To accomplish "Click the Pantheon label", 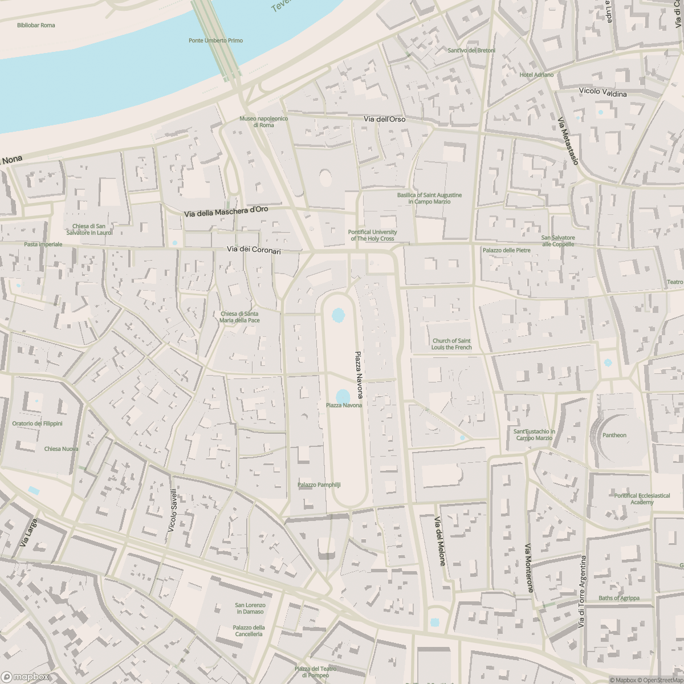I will pyautogui.click(x=614, y=435).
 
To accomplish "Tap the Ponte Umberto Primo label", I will pyautogui.click(x=215, y=40).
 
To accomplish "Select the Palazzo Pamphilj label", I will pyautogui.click(x=319, y=484).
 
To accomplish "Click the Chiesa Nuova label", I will pyautogui.click(x=61, y=449).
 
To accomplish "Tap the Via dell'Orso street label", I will pyautogui.click(x=384, y=119).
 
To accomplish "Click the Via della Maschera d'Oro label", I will pyautogui.click(x=226, y=211).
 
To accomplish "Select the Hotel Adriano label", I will pyautogui.click(x=536, y=75).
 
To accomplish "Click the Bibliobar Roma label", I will pyautogui.click(x=36, y=25).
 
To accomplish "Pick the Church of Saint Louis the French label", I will pyautogui.click(x=452, y=344).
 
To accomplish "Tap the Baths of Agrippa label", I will pyautogui.click(x=618, y=598).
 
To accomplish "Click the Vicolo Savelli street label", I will pyautogui.click(x=173, y=511).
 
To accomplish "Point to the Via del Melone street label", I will pyautogui.click(x=440, y=541).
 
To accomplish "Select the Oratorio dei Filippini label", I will pyautogui.click(x=37, y=424).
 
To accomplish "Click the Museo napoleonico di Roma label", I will pyautogui.click(x=263, y=121).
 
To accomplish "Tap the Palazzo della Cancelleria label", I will pyautogui.click(x=249, y=630).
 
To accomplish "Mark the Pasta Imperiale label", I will pyautogui.click(x=43, y=244).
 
